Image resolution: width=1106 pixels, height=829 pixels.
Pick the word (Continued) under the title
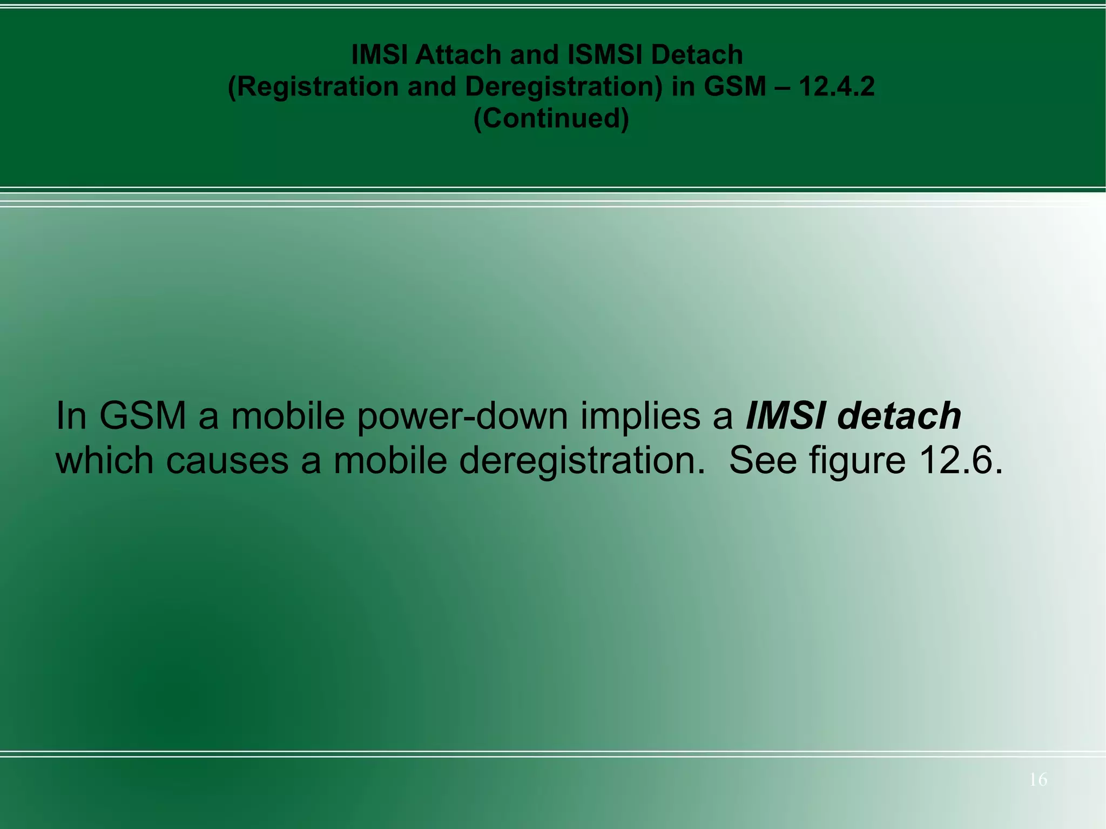click(551, 118)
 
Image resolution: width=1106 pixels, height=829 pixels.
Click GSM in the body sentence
click(143, 416)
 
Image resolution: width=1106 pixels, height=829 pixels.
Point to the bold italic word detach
click(899, 416)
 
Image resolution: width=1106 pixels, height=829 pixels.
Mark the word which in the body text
click(105, 461)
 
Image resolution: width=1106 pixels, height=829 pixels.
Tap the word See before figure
click(763, 461)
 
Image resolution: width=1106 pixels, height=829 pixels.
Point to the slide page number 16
click(1038, 779)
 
